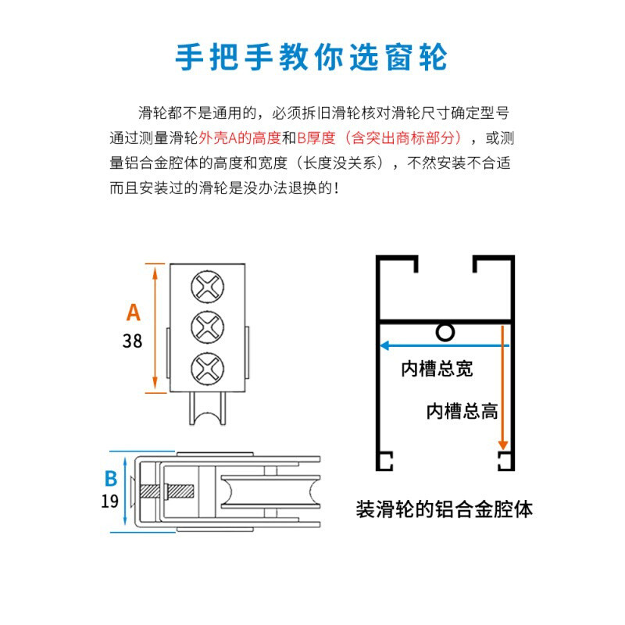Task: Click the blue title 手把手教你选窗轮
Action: pyautogui.click(x=312, y=57)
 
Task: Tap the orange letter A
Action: pyautogui.click(x=134, y=312)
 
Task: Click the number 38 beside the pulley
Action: pyautogui.click(x=133, y=341)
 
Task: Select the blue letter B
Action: pyautogui.click(x=111, y=478)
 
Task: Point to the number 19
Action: pyautogui.click(x=110, y=501)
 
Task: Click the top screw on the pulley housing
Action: pyautogui.click(x=207, y=287)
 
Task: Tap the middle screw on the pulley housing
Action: pyautogui.click(x=207, y=327)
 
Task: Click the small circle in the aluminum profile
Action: pyautogui.click(x=445, y=333)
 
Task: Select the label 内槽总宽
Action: pyautogui.click(x=437, y=369)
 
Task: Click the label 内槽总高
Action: pyautogui.click(x=462, y=411)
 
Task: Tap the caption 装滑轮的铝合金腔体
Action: pyautogui.click(x=444, y=509)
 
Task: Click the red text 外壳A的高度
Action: pyautogui.click(x=239, y=138)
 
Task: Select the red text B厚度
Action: pyautogui.click(x=316, y=138)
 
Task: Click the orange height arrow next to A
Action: pyautogui.click(x=155, y=328)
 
